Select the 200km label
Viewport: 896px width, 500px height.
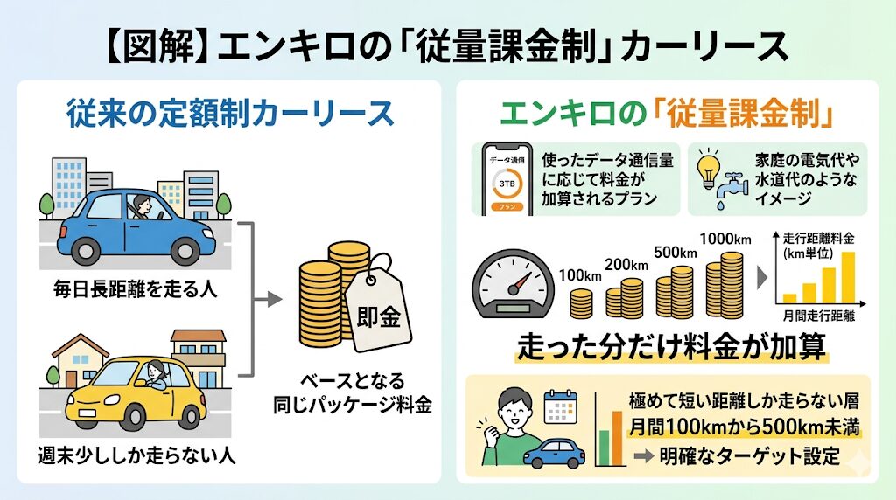[x=626, y=263]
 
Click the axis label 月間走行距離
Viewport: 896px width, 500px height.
[x=819, y=314]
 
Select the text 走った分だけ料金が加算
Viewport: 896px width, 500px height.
[x=671, y=347]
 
